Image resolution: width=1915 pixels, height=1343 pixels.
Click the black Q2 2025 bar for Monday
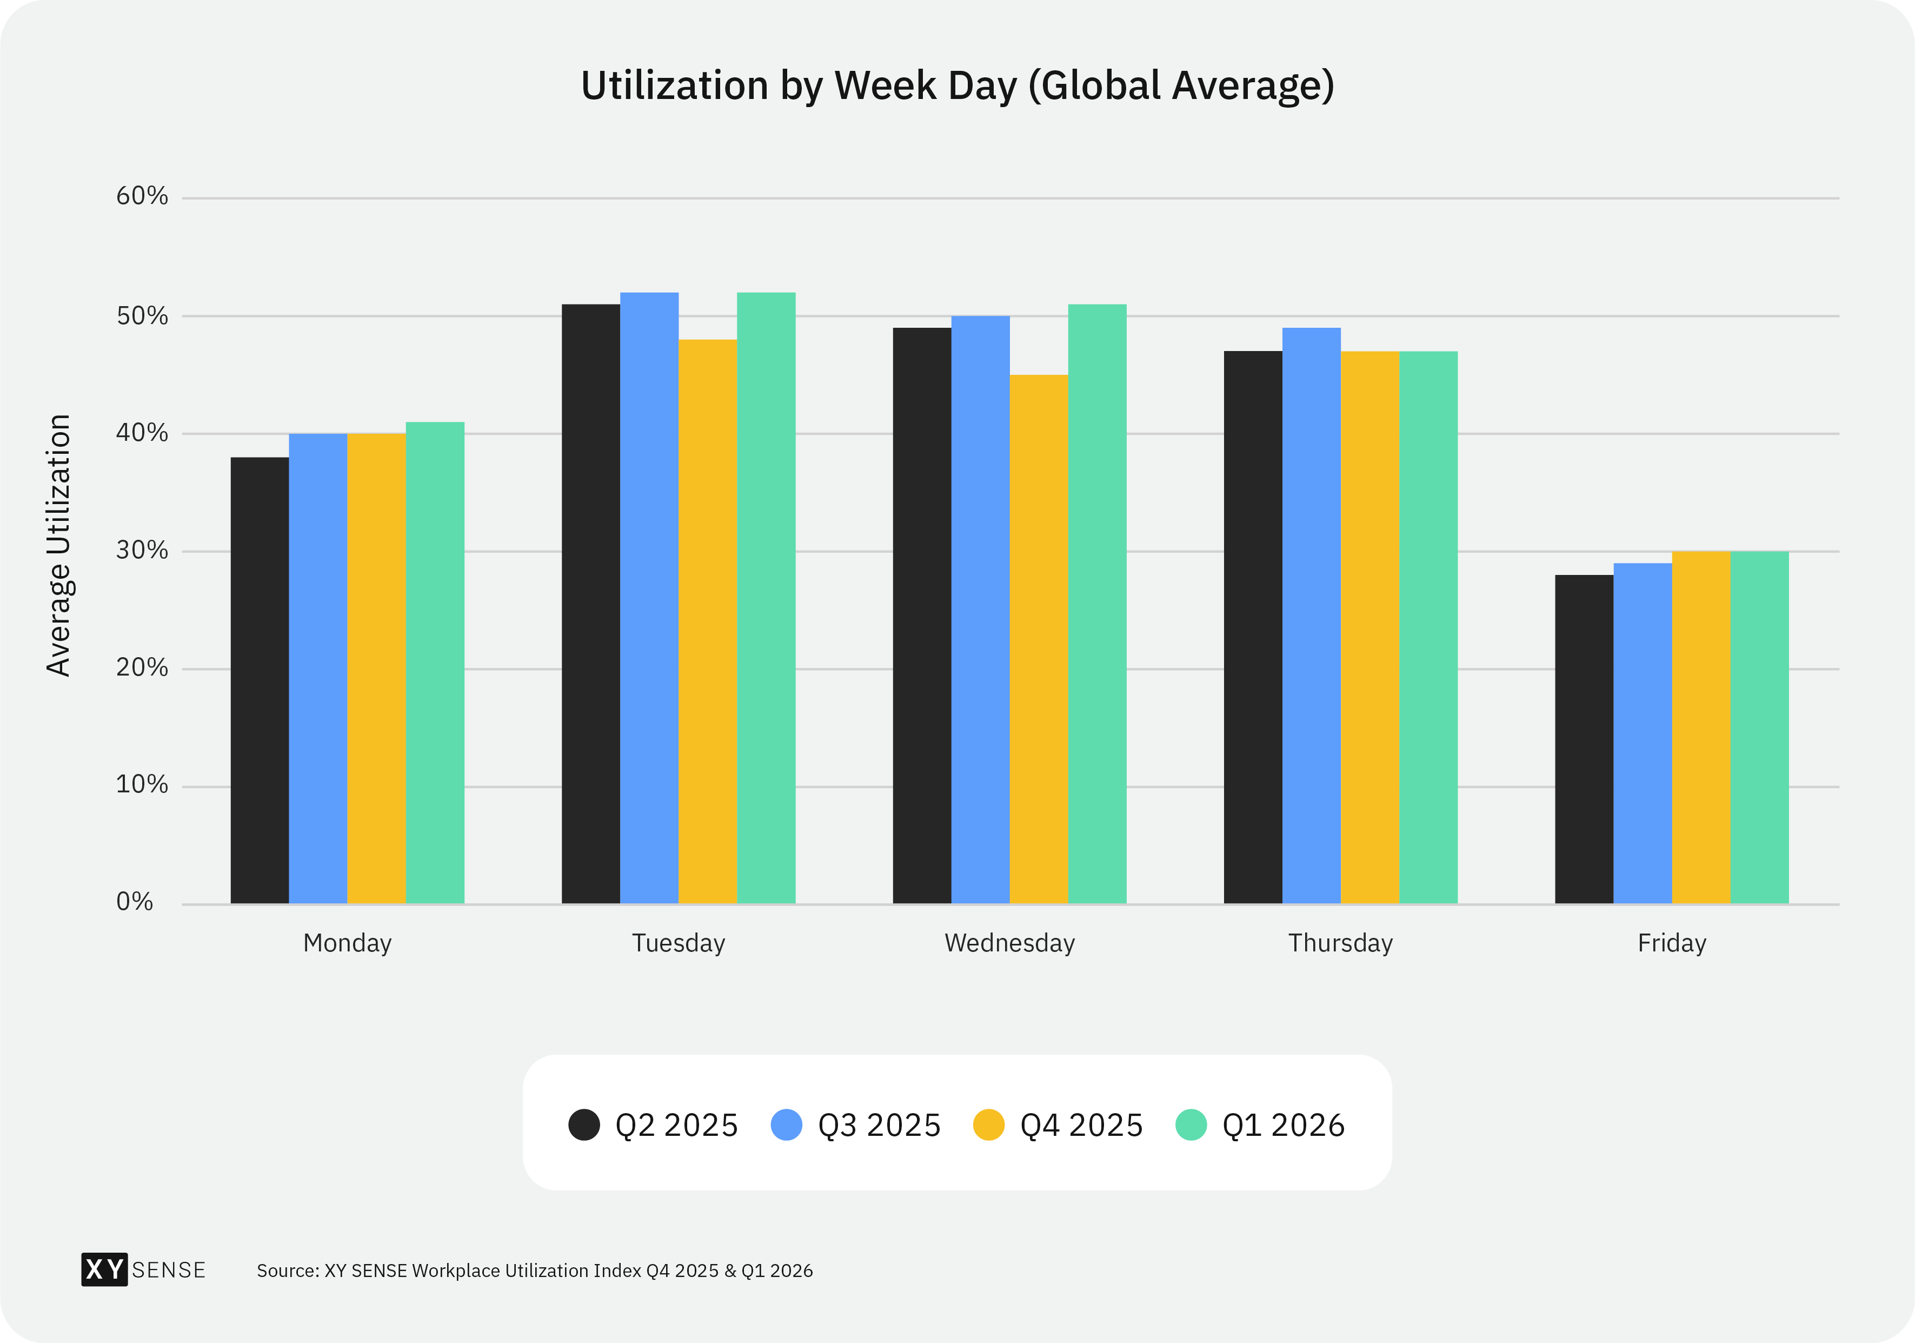click(260, 680)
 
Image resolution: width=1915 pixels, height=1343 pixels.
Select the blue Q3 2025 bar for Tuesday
click(649, 598)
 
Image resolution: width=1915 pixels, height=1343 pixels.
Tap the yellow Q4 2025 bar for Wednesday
click(1039, 639)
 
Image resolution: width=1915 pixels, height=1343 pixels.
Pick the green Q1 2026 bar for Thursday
click(1428, 627)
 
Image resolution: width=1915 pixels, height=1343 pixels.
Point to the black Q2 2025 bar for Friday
click(1584, 739)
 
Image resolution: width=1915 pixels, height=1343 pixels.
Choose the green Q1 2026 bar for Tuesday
click(766, 598)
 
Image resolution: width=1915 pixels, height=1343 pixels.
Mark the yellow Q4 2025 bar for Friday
click(1701, 727)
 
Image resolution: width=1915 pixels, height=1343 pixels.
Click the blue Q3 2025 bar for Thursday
click(1311, 616)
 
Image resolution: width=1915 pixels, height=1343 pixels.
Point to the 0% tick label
click(134, 902)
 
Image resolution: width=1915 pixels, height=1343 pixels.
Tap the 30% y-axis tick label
click(142, 551)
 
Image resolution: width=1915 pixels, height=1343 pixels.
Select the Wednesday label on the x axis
click(1009, 943)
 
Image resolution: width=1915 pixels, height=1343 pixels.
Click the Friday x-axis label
click(1672, 943)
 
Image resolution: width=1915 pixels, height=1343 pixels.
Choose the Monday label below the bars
click(347, 943)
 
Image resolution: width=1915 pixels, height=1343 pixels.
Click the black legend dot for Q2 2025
click(584, 1124)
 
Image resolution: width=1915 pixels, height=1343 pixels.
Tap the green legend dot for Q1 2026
click(1191, 1124)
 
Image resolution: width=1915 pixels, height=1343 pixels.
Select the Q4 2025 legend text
click(1081, 1125)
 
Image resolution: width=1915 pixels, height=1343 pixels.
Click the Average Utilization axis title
click(58, 546)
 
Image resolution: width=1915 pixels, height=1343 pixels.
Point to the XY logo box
click(104, 1269)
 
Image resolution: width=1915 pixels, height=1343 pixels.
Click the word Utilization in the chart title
click(674, 85)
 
